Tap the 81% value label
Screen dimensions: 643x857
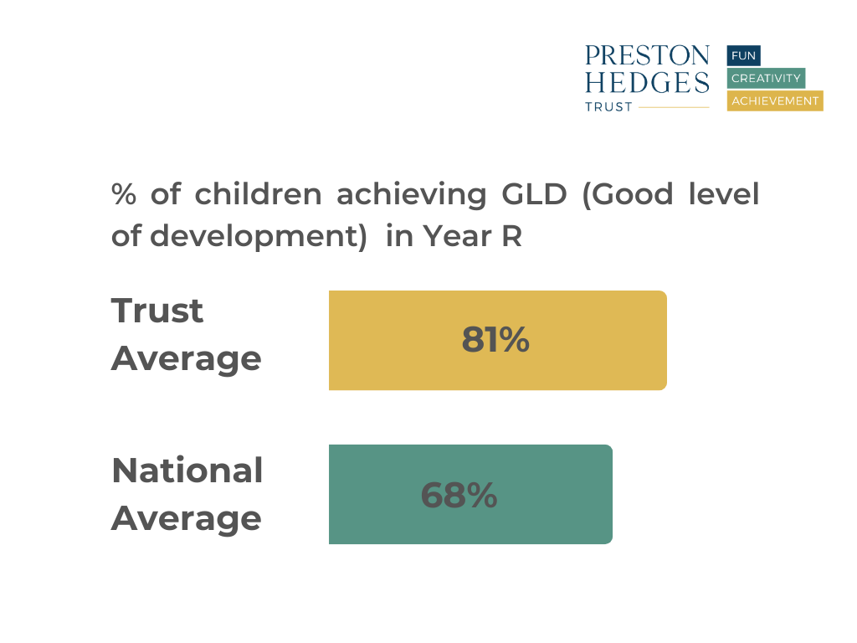click(x=495, y=340)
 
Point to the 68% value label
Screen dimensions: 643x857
click(x=459, y=496)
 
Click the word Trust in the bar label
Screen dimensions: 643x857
click(x=157, y=311)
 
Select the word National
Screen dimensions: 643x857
click(x=187, y=471)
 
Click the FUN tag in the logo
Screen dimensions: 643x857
click(x=743, y=55)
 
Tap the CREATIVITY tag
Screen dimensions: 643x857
click(x=766, y=79)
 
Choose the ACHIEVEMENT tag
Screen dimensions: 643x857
click(x=775, y=101)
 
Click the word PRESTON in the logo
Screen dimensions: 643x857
click(x=647, y=56)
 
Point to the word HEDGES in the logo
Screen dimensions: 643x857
click(x=647, y=82)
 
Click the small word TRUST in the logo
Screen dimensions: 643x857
click(x=608, y=107)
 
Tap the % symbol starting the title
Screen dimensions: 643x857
click(x=124, y=194)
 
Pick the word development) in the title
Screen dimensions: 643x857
click(x=259, y=236)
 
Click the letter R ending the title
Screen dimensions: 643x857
click(x=511, y=236)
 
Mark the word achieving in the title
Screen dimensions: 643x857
click(x=411, y=194)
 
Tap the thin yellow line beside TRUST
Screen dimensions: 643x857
click(x=674, y=107)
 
